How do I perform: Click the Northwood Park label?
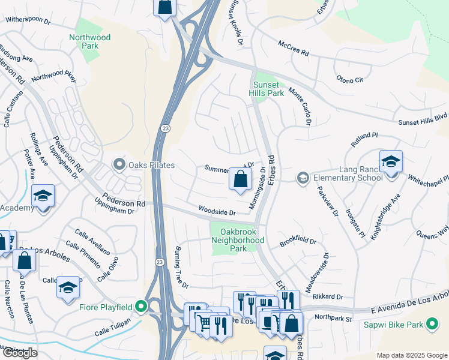point(90,41)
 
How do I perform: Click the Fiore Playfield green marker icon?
point(141,307)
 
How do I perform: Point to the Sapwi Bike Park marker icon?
point(432,325)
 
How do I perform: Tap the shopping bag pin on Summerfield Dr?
point(240,179)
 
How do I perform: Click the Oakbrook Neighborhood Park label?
point(238,239)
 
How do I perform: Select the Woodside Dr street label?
point(217,211)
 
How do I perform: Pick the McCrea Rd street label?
point(294,49)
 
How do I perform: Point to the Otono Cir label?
point(350,79)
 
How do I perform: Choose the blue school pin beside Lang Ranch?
point(391,162)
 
